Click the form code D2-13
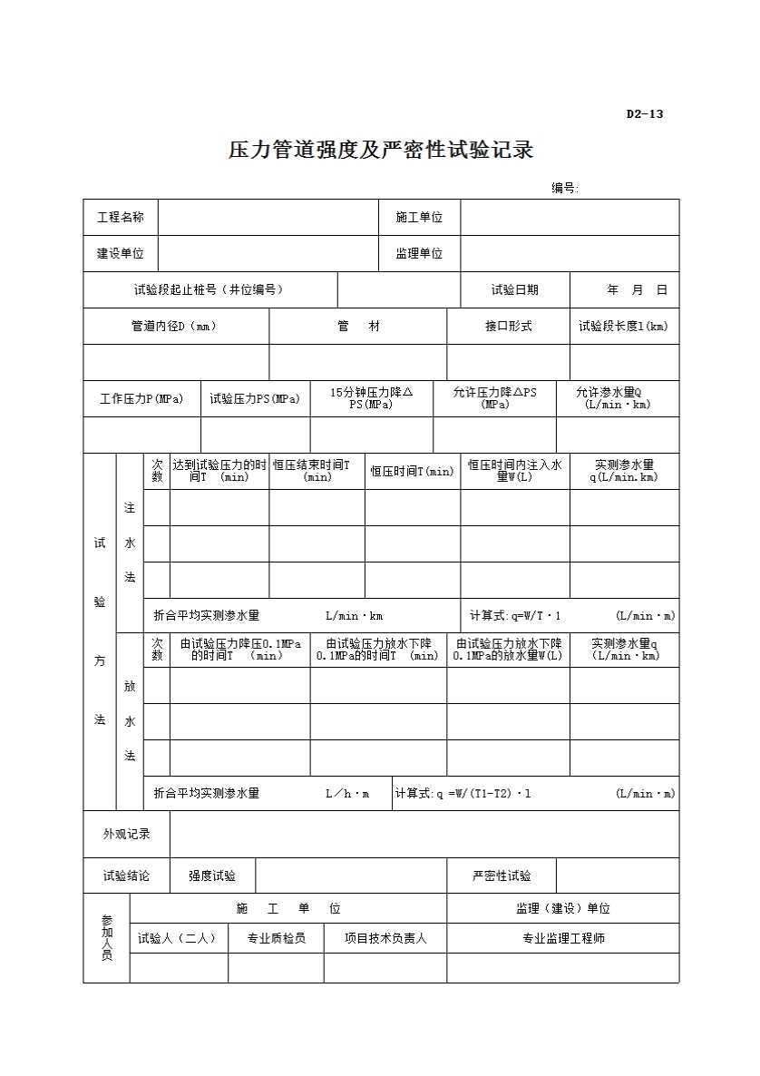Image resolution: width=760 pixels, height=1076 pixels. click(644, 114)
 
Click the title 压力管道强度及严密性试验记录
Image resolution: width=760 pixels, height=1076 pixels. click(380, 150)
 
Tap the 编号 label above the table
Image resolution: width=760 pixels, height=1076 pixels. click(564, 188)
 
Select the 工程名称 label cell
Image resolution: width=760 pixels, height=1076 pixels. click(121, 218)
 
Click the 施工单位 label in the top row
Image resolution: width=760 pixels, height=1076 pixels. click(419, 218)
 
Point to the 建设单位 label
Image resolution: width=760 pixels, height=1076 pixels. click(121, 254)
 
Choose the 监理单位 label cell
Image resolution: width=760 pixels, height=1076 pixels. click(419, 254)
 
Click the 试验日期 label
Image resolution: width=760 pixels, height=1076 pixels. click(515, 290)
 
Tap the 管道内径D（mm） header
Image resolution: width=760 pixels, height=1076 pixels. click(174, 327)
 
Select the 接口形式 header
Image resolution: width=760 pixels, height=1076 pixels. click(508, 327)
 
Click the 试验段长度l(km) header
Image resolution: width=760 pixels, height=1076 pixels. click(624, 327)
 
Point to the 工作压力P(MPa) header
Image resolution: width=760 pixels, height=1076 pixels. click(141, 399)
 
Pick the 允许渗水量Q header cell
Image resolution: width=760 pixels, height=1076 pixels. click(617, 398)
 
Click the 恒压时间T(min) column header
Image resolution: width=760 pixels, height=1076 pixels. click(412, 472)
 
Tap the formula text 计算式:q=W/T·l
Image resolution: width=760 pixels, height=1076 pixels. click(516, 615)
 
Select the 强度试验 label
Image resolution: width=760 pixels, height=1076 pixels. click(212, 876)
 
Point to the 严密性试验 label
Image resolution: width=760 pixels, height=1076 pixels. click(502, 876)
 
